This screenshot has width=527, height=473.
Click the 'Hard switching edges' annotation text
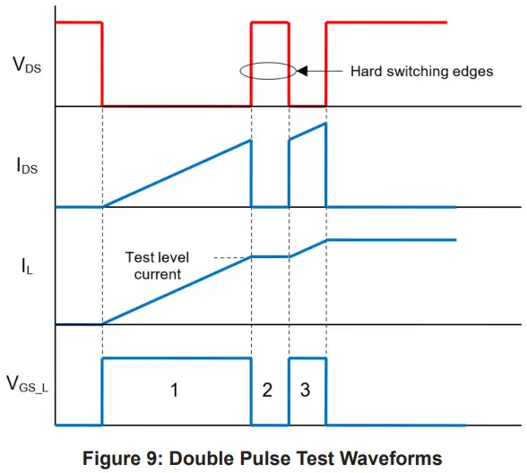pos(421,71)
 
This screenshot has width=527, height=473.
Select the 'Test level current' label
pos(158,266)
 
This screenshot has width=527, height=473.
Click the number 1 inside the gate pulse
pos(175,389)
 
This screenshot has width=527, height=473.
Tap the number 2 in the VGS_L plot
pos(267,389)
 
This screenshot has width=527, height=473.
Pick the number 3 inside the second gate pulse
pos(305,389)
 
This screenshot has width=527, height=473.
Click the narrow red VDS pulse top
pos(270,22)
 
